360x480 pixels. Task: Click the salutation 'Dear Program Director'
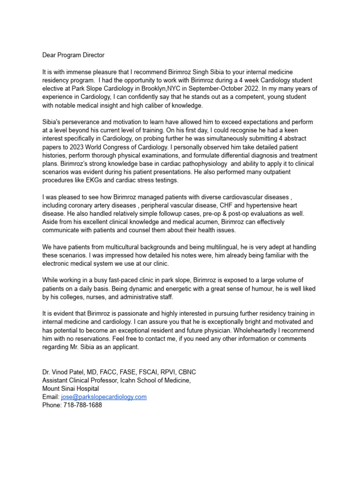(73, 55)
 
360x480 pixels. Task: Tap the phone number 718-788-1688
(82, 405)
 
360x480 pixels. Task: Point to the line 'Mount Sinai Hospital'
(71, 389)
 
